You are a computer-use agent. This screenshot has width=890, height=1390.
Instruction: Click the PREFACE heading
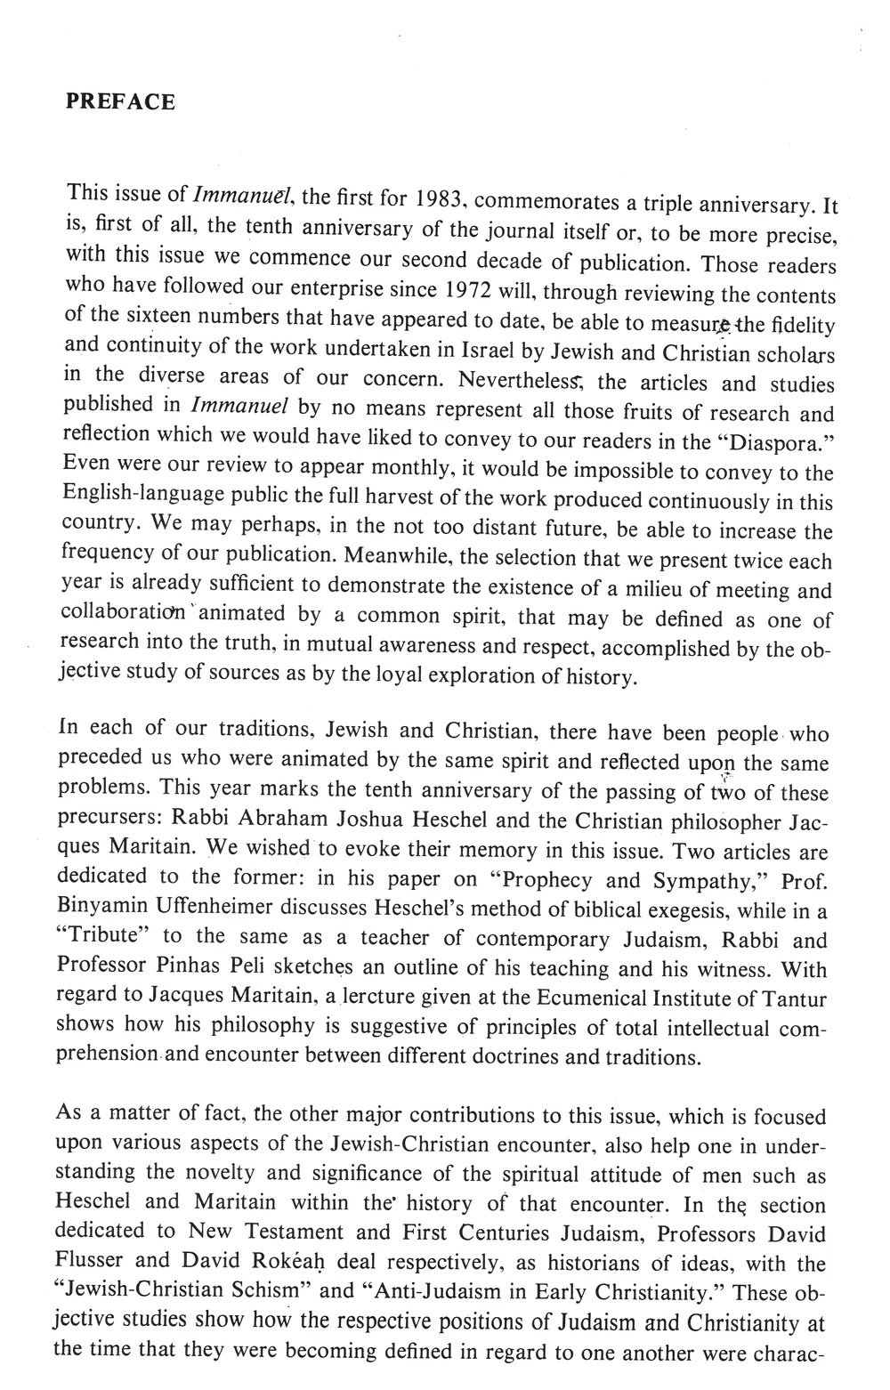(x=120, y=101)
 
